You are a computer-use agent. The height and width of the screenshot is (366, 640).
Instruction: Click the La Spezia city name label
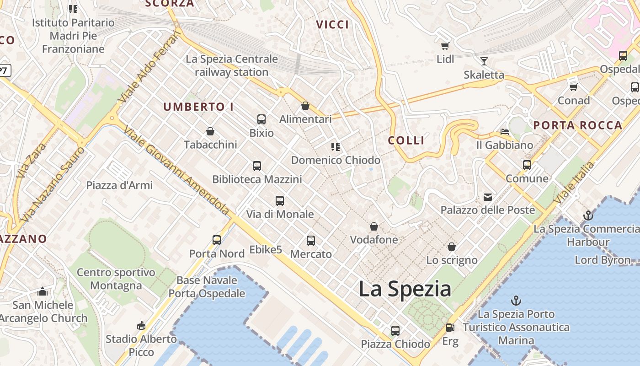point(405,289)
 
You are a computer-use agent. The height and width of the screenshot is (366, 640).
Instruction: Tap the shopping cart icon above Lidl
point(445,46)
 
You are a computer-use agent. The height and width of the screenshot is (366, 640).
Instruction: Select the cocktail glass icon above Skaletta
point(484,61)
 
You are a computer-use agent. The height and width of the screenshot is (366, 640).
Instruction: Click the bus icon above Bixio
point(261,119)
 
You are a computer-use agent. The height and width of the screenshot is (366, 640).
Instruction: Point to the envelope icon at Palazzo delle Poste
point(488,197)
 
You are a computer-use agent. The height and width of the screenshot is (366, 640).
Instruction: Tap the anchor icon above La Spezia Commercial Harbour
point(588,215)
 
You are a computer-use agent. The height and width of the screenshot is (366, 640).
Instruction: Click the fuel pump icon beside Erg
point(450,328)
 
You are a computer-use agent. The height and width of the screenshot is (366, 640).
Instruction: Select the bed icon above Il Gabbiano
point(505,132)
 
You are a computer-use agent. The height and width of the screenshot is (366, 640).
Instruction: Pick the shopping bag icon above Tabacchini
point(210,132)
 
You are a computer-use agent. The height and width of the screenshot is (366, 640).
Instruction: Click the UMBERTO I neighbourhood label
point(198,107)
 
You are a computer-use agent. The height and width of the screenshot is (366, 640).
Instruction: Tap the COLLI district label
point(406,140)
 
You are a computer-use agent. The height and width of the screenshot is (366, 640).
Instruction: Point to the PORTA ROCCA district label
point(578,125)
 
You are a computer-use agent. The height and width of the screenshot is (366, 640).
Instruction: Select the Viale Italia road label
point(574,183)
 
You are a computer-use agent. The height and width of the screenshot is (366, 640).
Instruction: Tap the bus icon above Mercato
point(311,240)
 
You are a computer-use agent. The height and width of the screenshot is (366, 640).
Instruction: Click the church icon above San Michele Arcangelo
point(43,291)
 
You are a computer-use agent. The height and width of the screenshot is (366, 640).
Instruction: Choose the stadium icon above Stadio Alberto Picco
point(141,326)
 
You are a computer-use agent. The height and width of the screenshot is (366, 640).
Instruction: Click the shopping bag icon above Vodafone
point(374,226)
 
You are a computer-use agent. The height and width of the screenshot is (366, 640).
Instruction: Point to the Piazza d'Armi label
point(119,185)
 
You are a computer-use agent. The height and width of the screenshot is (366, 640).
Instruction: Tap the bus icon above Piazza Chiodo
point(395,330)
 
